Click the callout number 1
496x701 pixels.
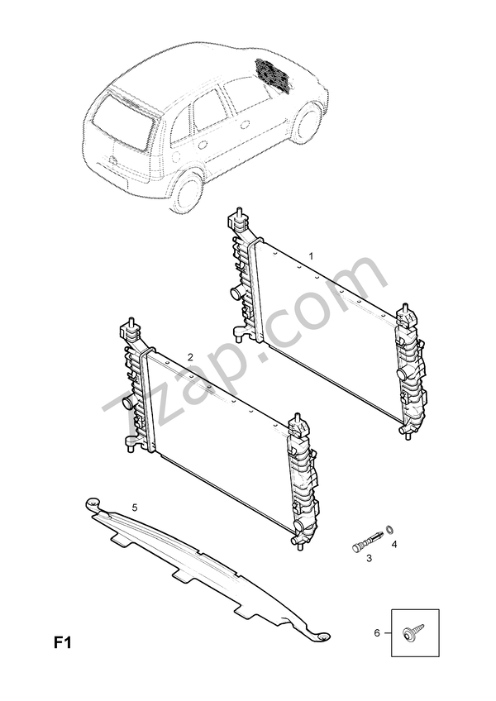click(311, 256)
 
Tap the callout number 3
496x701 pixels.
click(369, 559)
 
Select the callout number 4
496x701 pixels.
click(394, 544)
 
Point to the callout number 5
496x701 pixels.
click(135, 505)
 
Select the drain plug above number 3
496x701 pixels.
click(364, 541)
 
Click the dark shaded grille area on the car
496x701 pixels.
click(273, 74)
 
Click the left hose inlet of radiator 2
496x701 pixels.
click(126, 404)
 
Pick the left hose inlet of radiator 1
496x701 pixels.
click(234, 294)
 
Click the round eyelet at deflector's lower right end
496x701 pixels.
click(323, 636)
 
